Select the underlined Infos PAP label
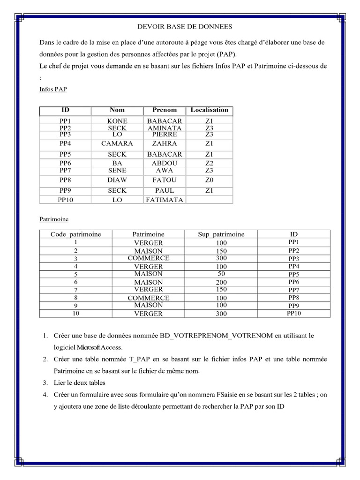[53, 89]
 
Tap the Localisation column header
[209, 110]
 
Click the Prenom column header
[165, 110]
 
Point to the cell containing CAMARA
[117, 144]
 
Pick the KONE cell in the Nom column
[117, 121]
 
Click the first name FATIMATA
[165, 200]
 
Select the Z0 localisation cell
[209, 180]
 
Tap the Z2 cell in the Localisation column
[209, 163]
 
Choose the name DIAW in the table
[117, 180]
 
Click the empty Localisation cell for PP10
[209, 200]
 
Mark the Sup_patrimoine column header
[221, 234]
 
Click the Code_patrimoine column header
[75, 234]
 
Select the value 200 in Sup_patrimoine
[221, 283]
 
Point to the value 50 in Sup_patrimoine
[221, 274]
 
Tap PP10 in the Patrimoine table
[294, 314]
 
